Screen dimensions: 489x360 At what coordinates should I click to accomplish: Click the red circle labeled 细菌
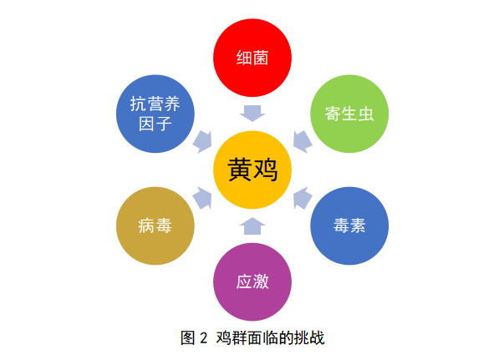point(252,58)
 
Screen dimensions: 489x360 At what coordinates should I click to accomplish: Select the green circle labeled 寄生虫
point(349,114)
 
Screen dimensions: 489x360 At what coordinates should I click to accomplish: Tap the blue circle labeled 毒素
point(349,226)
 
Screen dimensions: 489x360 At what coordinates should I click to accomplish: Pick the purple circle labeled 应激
point(252,281)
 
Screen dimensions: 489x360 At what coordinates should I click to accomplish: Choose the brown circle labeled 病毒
point(155,226)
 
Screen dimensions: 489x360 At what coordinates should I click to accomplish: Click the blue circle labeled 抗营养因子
point(155,114)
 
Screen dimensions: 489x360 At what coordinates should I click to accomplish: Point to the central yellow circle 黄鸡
point(252,170)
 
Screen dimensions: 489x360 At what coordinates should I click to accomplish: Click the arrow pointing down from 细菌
point(252,114)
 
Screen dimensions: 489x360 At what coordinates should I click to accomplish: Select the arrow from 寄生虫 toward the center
point(302,142)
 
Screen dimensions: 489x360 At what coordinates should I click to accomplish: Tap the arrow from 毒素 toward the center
point(302,198)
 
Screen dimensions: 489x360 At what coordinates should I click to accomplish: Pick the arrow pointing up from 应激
point(252,226)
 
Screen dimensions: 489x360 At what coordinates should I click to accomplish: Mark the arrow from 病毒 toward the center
point(203,198)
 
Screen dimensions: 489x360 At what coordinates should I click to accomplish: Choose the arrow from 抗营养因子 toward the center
point(203,142)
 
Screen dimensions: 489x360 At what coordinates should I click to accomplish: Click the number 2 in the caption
point(204,338)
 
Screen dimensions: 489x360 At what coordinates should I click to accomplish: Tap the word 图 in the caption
point(188,338)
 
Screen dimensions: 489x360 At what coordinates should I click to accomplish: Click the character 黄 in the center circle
point(240,170)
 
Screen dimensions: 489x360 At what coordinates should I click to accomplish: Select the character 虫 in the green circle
point(366,114)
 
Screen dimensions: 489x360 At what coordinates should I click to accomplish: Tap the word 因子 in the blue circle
point(155,124)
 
